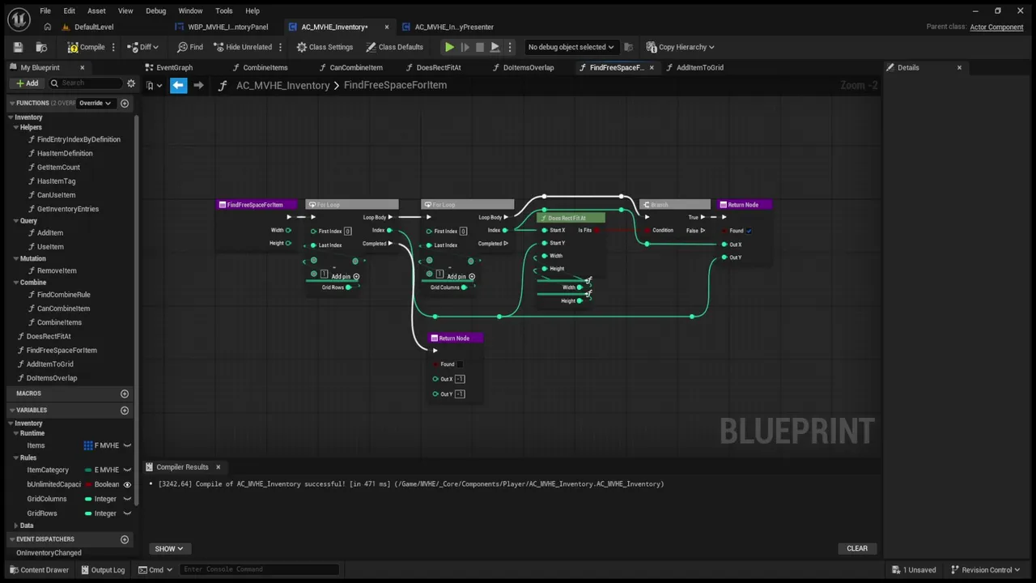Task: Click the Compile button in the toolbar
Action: (87, 47)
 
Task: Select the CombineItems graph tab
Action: (265, 67)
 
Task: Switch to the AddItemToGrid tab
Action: (699, 67)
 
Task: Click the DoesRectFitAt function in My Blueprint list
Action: (49, 336)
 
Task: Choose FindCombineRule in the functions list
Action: (63, 295)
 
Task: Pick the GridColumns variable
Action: (47, 499)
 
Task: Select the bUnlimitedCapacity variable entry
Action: (54, 484)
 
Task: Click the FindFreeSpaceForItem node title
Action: (255, 205)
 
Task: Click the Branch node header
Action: (673, 205)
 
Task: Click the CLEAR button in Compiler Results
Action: (856, 548)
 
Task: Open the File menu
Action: (45, 11)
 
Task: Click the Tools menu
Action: (223, 11)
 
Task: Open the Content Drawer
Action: (39, 569)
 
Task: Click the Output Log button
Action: (102, 569)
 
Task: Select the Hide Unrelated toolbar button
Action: (243, 47)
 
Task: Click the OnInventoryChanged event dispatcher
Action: (49, 552)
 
